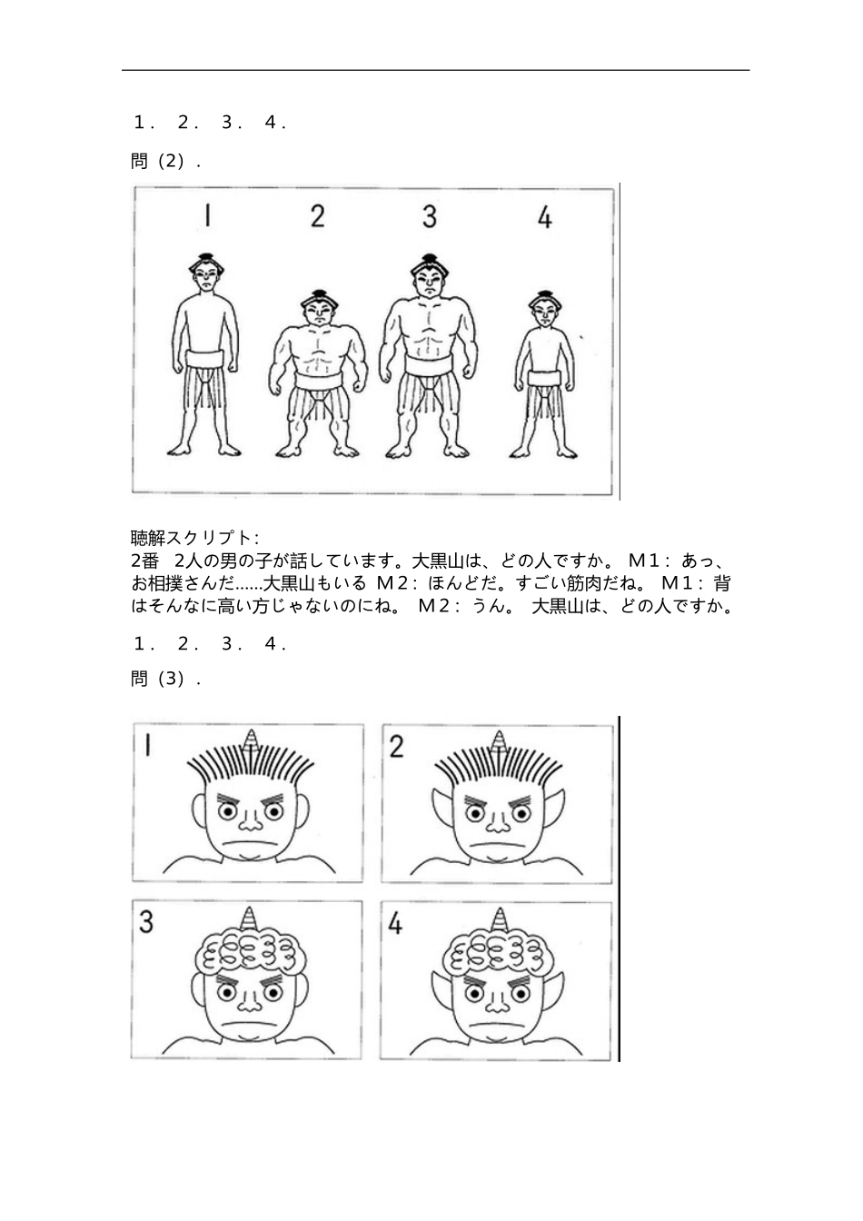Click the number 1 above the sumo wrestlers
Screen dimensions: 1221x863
208,215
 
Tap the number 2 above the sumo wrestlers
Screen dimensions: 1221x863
317,216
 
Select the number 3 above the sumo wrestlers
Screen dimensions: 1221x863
430,216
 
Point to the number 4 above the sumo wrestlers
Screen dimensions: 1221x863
544,217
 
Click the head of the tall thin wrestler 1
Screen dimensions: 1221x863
206,272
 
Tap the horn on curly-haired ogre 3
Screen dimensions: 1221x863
250,920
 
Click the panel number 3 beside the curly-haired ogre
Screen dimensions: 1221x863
146,921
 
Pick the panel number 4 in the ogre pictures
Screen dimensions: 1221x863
395,923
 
